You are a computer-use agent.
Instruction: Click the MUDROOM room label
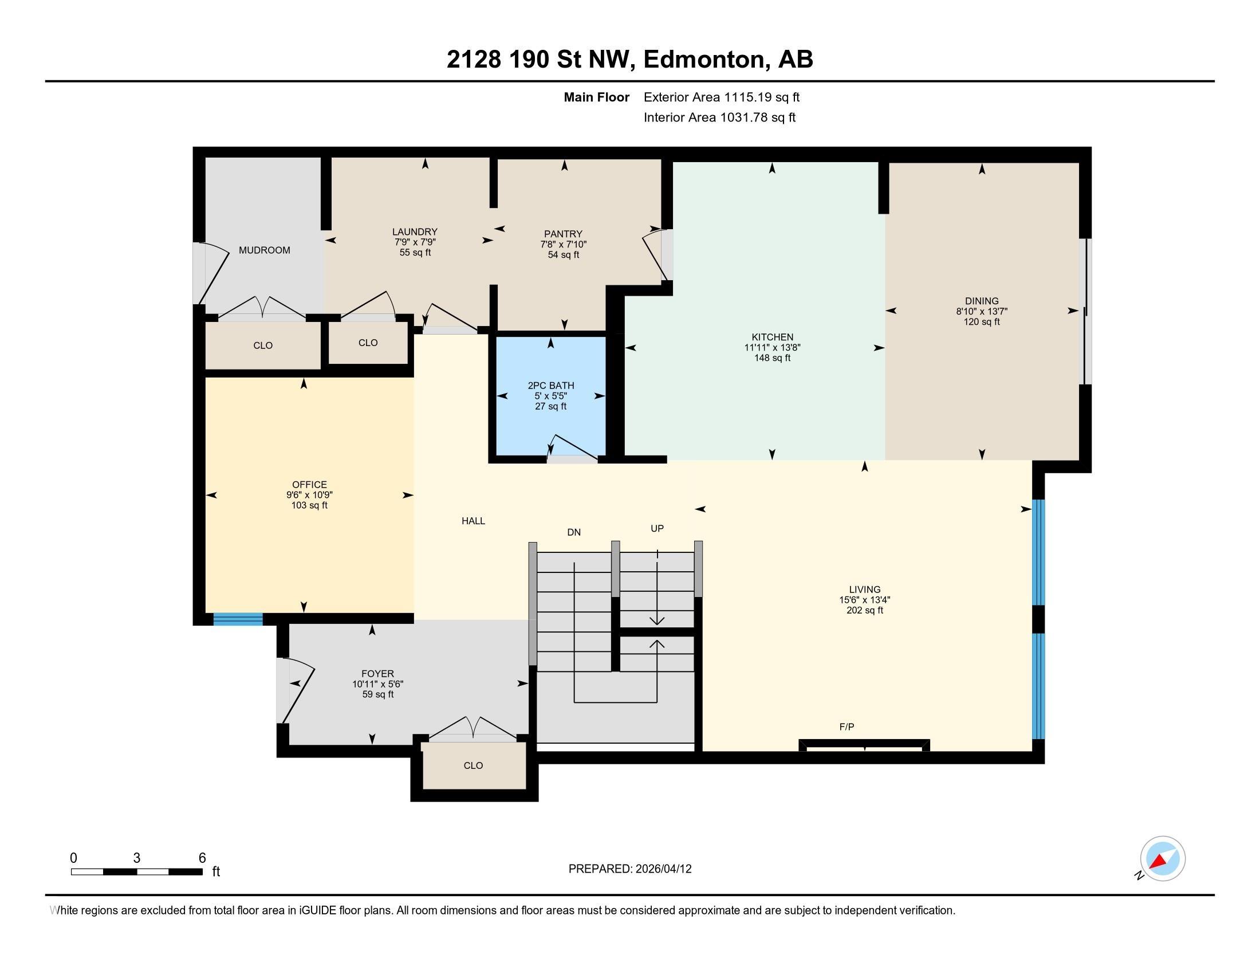coord(264,250)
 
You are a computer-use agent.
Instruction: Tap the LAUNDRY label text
coord(415,232)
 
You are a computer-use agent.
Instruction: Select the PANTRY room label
coord(563,234)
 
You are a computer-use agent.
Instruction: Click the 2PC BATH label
coord(551,386)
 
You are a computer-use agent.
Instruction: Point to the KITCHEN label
coord(773,337)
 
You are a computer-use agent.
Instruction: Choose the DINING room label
coord(982,301)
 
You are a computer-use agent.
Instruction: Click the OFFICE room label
coord(309,485)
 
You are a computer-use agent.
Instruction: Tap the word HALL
coord(473,521)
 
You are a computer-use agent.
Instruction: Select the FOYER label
coord(378,673)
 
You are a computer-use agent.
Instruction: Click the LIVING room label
coord(865,589)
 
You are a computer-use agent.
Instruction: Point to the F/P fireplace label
coord(847,727)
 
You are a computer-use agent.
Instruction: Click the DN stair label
coord(574,532)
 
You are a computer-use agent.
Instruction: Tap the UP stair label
coord(657,528)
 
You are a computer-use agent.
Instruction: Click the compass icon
coord(1163,859)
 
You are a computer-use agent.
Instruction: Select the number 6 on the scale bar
coord(202,858)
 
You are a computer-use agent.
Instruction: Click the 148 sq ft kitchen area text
coord(773,358)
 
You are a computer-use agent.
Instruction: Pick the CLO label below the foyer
coord(473,765)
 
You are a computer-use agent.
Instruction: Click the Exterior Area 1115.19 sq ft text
coord(722,97)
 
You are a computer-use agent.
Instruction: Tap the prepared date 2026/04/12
coord(662,869)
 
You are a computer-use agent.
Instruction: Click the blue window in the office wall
coord(238,619)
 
